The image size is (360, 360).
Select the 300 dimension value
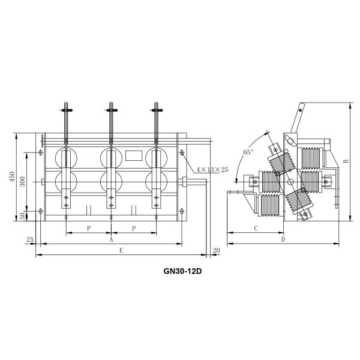click(x=23, y=182)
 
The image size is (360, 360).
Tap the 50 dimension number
click(x=23, y=215)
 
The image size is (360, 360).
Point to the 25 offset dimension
click(x=30, y=240)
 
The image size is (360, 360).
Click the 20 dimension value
click(x=216, y=250)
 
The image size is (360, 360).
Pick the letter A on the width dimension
click(x=111, y=239)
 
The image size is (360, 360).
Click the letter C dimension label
click(x=256, y=229)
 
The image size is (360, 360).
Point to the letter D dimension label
click(x=283, y=240)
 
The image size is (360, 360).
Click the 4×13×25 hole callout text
click(x=209, y=170)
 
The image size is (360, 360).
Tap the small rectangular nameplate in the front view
click(x=133, y=154)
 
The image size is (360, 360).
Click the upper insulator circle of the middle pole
click(x=110, y=157)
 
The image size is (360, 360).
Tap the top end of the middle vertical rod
click(x=111, y=104)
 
